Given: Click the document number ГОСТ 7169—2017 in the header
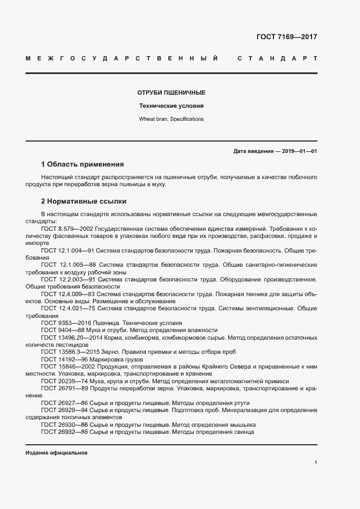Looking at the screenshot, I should [286, 37].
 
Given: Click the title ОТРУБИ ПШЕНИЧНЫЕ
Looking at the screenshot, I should [171, 93].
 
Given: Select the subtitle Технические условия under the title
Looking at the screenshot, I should [171, 106].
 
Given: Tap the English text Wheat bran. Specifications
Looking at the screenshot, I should [171, 119].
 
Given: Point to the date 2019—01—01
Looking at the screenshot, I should [298, 151].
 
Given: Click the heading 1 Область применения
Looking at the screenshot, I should [82, 164].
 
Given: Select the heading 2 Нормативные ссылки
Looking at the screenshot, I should [83, 200].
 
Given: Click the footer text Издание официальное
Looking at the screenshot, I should [57, 453].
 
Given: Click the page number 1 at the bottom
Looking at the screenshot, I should [315, 462].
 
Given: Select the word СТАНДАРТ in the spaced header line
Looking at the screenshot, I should [278, 58].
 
